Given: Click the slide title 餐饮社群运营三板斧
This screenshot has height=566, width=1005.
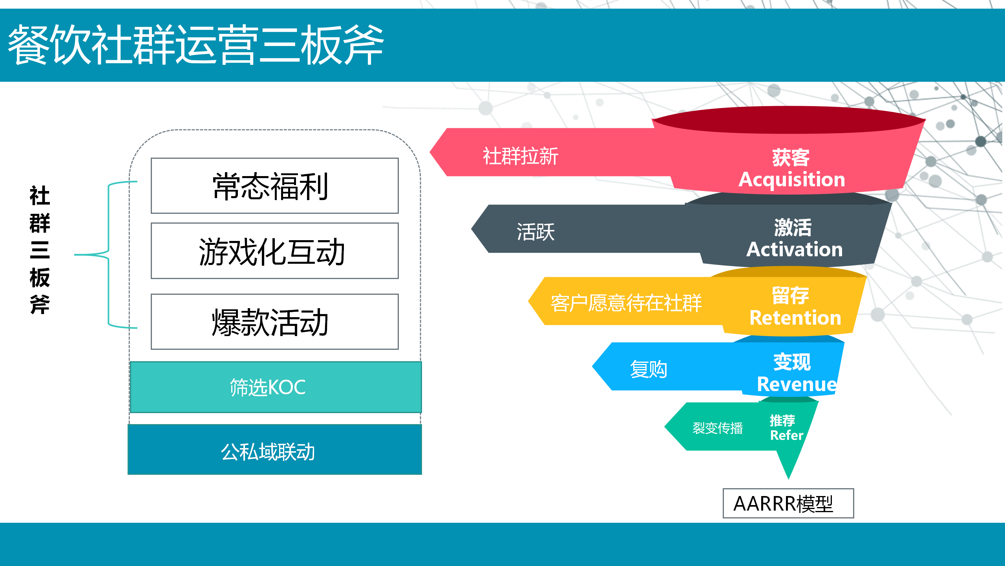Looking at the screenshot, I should [196, 44].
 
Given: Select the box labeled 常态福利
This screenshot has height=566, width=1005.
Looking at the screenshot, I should [274, 186].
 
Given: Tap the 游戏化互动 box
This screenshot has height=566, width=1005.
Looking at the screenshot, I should [274, 251].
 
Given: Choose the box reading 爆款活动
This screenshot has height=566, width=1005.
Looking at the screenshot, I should [274, 322].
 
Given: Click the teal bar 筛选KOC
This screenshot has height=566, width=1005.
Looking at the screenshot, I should [275, 387].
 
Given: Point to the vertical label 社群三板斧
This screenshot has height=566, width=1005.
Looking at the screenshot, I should [40, 250].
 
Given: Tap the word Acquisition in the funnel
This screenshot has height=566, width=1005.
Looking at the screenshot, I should [791, 180].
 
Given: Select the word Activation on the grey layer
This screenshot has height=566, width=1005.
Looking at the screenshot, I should [794, 250].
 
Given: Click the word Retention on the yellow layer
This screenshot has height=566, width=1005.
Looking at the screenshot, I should [795, 318].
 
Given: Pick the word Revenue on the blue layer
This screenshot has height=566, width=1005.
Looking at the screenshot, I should [797, 384].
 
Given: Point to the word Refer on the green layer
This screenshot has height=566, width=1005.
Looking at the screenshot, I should [786, 435].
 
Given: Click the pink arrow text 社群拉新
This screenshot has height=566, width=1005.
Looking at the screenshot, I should [520, 156].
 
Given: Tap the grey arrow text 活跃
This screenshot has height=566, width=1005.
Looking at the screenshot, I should [535, 232].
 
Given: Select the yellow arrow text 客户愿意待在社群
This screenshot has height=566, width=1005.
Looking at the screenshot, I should [626, 303].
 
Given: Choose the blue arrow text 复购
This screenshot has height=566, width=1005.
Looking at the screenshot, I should [649, 369].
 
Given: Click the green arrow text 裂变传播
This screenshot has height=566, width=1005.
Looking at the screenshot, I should [717, 428].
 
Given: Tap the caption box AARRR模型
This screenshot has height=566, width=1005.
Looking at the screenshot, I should [788, 504].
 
